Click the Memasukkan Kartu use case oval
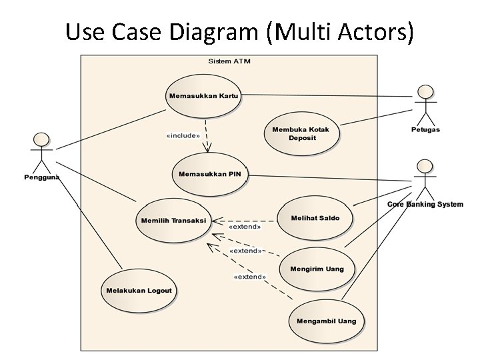tap(203, 96)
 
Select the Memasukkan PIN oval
tap(210, 175)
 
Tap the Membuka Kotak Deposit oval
tap(302, 133)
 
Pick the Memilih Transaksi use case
tap(173, 221)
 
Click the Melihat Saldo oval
tap(315, 218)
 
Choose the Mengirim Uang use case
tap(317, 269)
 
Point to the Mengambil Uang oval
tap(327, 321)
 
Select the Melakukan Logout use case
tap(139, 291)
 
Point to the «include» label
tap(183, 136)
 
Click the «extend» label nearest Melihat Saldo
tap(245, 227)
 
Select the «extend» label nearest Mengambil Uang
tap(249, 277)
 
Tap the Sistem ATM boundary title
tap(229, 61)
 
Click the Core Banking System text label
tap(425, 204)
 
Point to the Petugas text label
tap(425, 129)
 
